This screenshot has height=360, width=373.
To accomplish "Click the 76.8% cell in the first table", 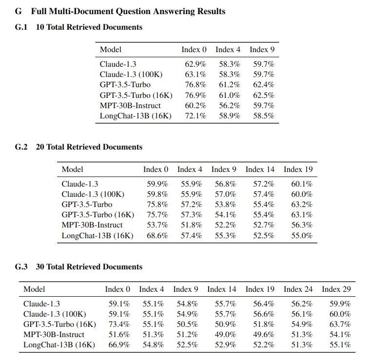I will click(195, 85).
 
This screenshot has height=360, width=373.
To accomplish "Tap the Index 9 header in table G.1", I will click(262, 49).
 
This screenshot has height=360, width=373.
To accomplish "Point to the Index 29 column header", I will click(336, 289).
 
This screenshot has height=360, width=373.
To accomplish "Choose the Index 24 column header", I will click(298, 289).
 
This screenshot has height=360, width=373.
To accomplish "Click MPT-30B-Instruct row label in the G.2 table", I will click(92, 225).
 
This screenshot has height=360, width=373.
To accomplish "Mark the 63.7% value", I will click(340, 324).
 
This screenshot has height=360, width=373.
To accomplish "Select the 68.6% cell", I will click(157, 235).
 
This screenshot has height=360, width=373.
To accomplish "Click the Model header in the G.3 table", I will click(34, 289).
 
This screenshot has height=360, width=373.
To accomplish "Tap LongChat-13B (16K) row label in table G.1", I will click(136, 116).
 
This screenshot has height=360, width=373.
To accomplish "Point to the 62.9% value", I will click(195, 64).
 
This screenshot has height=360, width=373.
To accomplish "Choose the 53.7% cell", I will click(157, 225).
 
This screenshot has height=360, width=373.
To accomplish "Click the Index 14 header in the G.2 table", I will click(260, 169).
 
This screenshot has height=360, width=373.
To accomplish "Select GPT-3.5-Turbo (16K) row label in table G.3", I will click(59, 324).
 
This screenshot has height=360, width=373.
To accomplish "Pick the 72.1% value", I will click(195, 116).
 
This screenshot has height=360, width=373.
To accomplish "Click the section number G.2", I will click(21, 147).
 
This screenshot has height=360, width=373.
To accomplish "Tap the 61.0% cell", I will click(229, 95).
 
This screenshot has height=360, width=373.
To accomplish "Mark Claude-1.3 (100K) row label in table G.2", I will click(93, 194).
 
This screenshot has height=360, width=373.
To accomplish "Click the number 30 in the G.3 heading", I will click(40, 267).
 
